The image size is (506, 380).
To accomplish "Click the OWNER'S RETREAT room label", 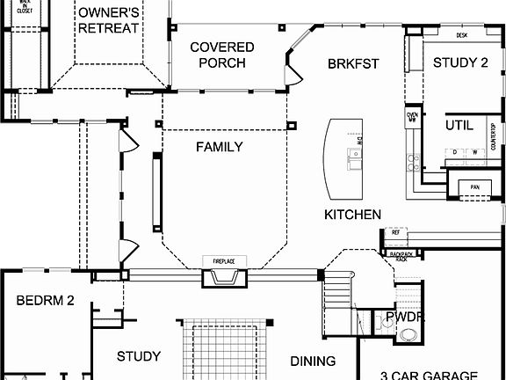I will (x=108, y=21).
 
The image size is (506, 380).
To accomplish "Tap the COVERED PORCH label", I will (x=222, y=55).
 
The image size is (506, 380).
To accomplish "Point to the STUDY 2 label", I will (x=459, y=62).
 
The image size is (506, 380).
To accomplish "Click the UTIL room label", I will (x=459, y=125).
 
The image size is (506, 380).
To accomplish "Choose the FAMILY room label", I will (x=219, y=147).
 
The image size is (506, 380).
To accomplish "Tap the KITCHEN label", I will (x=352, y=215).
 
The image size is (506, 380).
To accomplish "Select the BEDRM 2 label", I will (x=44, y=301).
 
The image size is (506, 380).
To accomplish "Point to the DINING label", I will (x=313, y=361).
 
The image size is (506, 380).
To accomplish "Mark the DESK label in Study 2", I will (x=461, y=36).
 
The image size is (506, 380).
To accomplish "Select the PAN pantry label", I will (x=474, y=186).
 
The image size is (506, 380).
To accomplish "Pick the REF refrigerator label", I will (x=395, y=232).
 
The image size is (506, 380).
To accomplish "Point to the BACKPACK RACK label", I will (x=401, y=256).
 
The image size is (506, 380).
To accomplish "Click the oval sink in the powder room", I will (x=407, y=335).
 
